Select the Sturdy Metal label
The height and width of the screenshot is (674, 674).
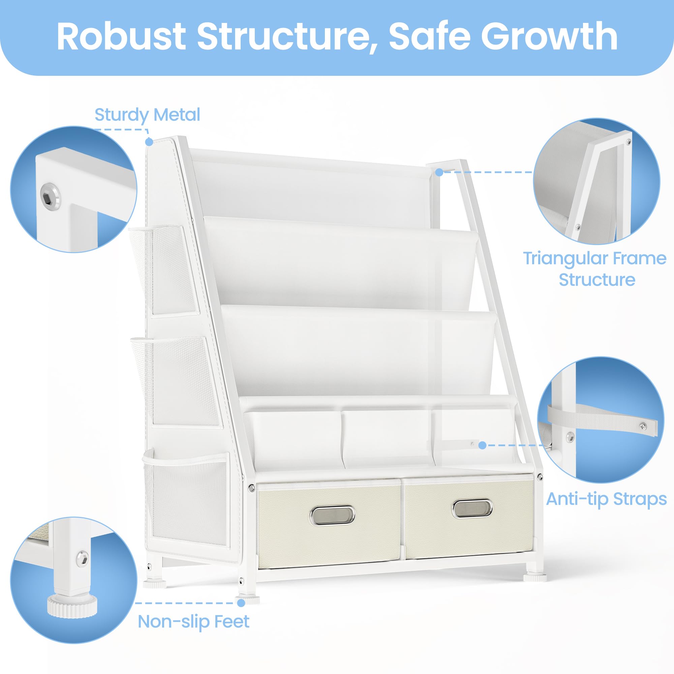coord(147,115)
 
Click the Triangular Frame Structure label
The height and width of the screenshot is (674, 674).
coord(595,269)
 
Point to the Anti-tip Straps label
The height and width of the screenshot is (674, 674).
coord(606,498)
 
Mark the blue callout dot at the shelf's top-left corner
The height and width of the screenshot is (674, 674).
coord(149,142)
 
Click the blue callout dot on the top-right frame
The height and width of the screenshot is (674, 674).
coord(439,172)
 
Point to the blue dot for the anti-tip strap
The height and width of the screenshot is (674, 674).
coord(483,445)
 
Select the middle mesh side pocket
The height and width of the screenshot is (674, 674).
coord(175,381)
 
